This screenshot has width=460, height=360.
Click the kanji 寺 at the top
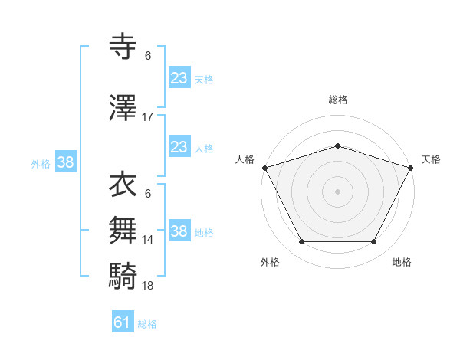pyautogui.click(x=124, y=47)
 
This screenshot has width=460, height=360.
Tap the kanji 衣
pyautogui.click(x=124, y=185)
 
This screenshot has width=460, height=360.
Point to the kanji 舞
pyautogui.click(x=124, y=230)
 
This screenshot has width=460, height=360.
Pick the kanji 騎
pyautogui.click(x=124, y=274)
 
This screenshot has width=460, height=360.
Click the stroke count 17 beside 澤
pyautogui.click(x=148, y=117)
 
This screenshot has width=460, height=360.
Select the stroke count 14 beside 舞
pyautogui.click(x=148, y=240)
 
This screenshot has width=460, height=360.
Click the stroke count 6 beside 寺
pyautogui.click(x=148, y=56)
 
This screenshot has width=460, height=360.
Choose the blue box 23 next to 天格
pyautogui.click(x=179, y=78)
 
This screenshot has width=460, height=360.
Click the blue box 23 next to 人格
pyautogui.click(x=179, y=147)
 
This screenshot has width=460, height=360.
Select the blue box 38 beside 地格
pyautogui.click(x=179, y=231)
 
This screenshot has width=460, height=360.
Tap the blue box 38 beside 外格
pyautogui.click(x=65, y=162)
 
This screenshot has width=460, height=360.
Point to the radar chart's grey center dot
pyautogui.click(x=337, y=191)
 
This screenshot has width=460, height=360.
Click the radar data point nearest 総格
pyautogui.click(x=337, y=146)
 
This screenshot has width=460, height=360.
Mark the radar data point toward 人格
pyautogui.click(x=264, y=168)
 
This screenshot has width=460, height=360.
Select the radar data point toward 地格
pyautogui.click(x=374, y=242)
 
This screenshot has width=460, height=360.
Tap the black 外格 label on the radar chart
pyautogui.click(x=270, y=262)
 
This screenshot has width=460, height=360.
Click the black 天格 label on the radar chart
pyautogui.click(x=431, y=159)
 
